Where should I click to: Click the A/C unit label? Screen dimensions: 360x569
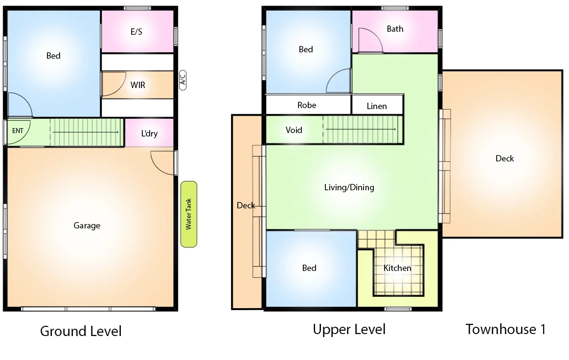[x=183, y=80]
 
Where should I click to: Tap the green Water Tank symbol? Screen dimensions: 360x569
[x=189, y=214]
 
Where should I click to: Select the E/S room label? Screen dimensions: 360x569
[x=137, y=32]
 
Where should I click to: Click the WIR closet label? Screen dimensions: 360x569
[x=137, y=85]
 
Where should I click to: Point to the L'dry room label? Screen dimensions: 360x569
[x=149, y=133]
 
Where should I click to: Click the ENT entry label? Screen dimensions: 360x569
[x=17, y=131]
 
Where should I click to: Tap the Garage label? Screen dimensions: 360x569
[x=87, y=225]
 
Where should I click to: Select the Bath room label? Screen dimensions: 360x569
[x=395, y=29]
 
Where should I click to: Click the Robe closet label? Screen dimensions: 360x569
[x=307, y=105]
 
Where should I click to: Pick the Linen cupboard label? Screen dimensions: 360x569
[x=377, y=106]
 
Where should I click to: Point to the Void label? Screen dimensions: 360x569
[x=294, y=130]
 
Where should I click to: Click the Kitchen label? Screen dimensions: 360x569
[x=397, y=268]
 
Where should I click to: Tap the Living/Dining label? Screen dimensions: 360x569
[x=349, y=187]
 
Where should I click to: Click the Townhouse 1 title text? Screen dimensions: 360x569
[x=505, y=329]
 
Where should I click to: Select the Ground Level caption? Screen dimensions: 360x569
[x=81, y=331]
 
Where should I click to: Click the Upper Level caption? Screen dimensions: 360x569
[x=349, y=329]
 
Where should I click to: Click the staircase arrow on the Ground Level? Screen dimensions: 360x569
[x=86, y=132]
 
